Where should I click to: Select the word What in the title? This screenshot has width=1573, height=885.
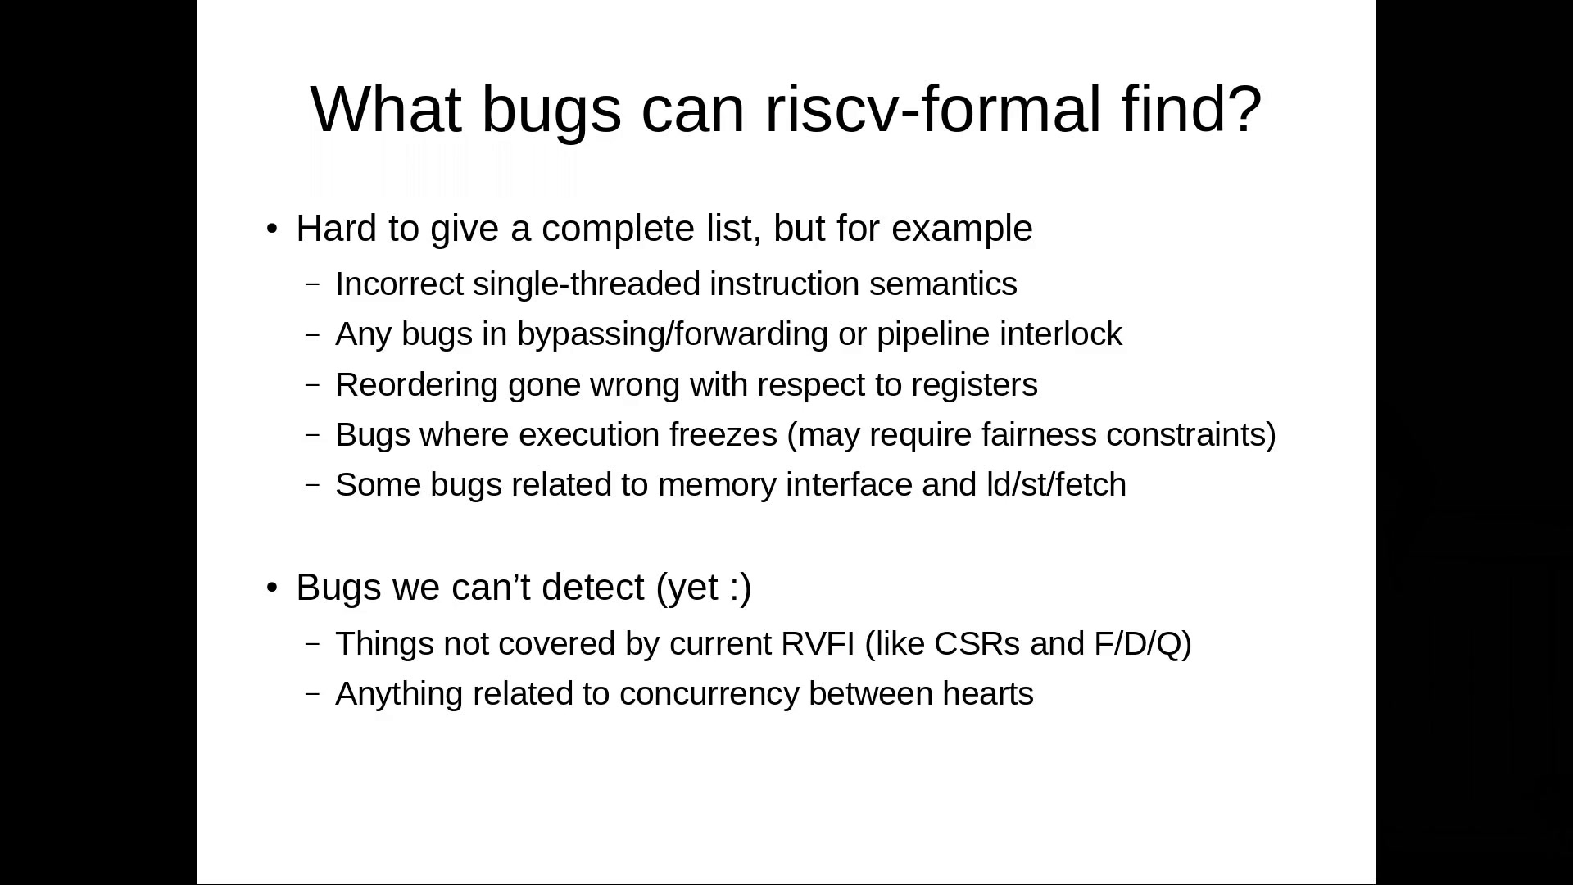tap(386, 109)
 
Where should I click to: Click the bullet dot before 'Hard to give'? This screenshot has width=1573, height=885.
tap(273, 229)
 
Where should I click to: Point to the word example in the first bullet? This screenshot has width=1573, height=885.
tap(962, 229)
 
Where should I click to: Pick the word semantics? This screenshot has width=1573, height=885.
tap(943, 284)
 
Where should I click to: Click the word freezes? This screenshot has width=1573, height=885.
tap(723, 435)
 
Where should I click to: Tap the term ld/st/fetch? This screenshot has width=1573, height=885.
tap(1056, 485)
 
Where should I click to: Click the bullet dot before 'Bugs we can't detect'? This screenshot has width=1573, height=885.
tap(273, 588)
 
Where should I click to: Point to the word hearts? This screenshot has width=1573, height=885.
tap(988, 694)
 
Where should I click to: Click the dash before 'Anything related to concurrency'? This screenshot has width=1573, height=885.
tap(312, 694)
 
